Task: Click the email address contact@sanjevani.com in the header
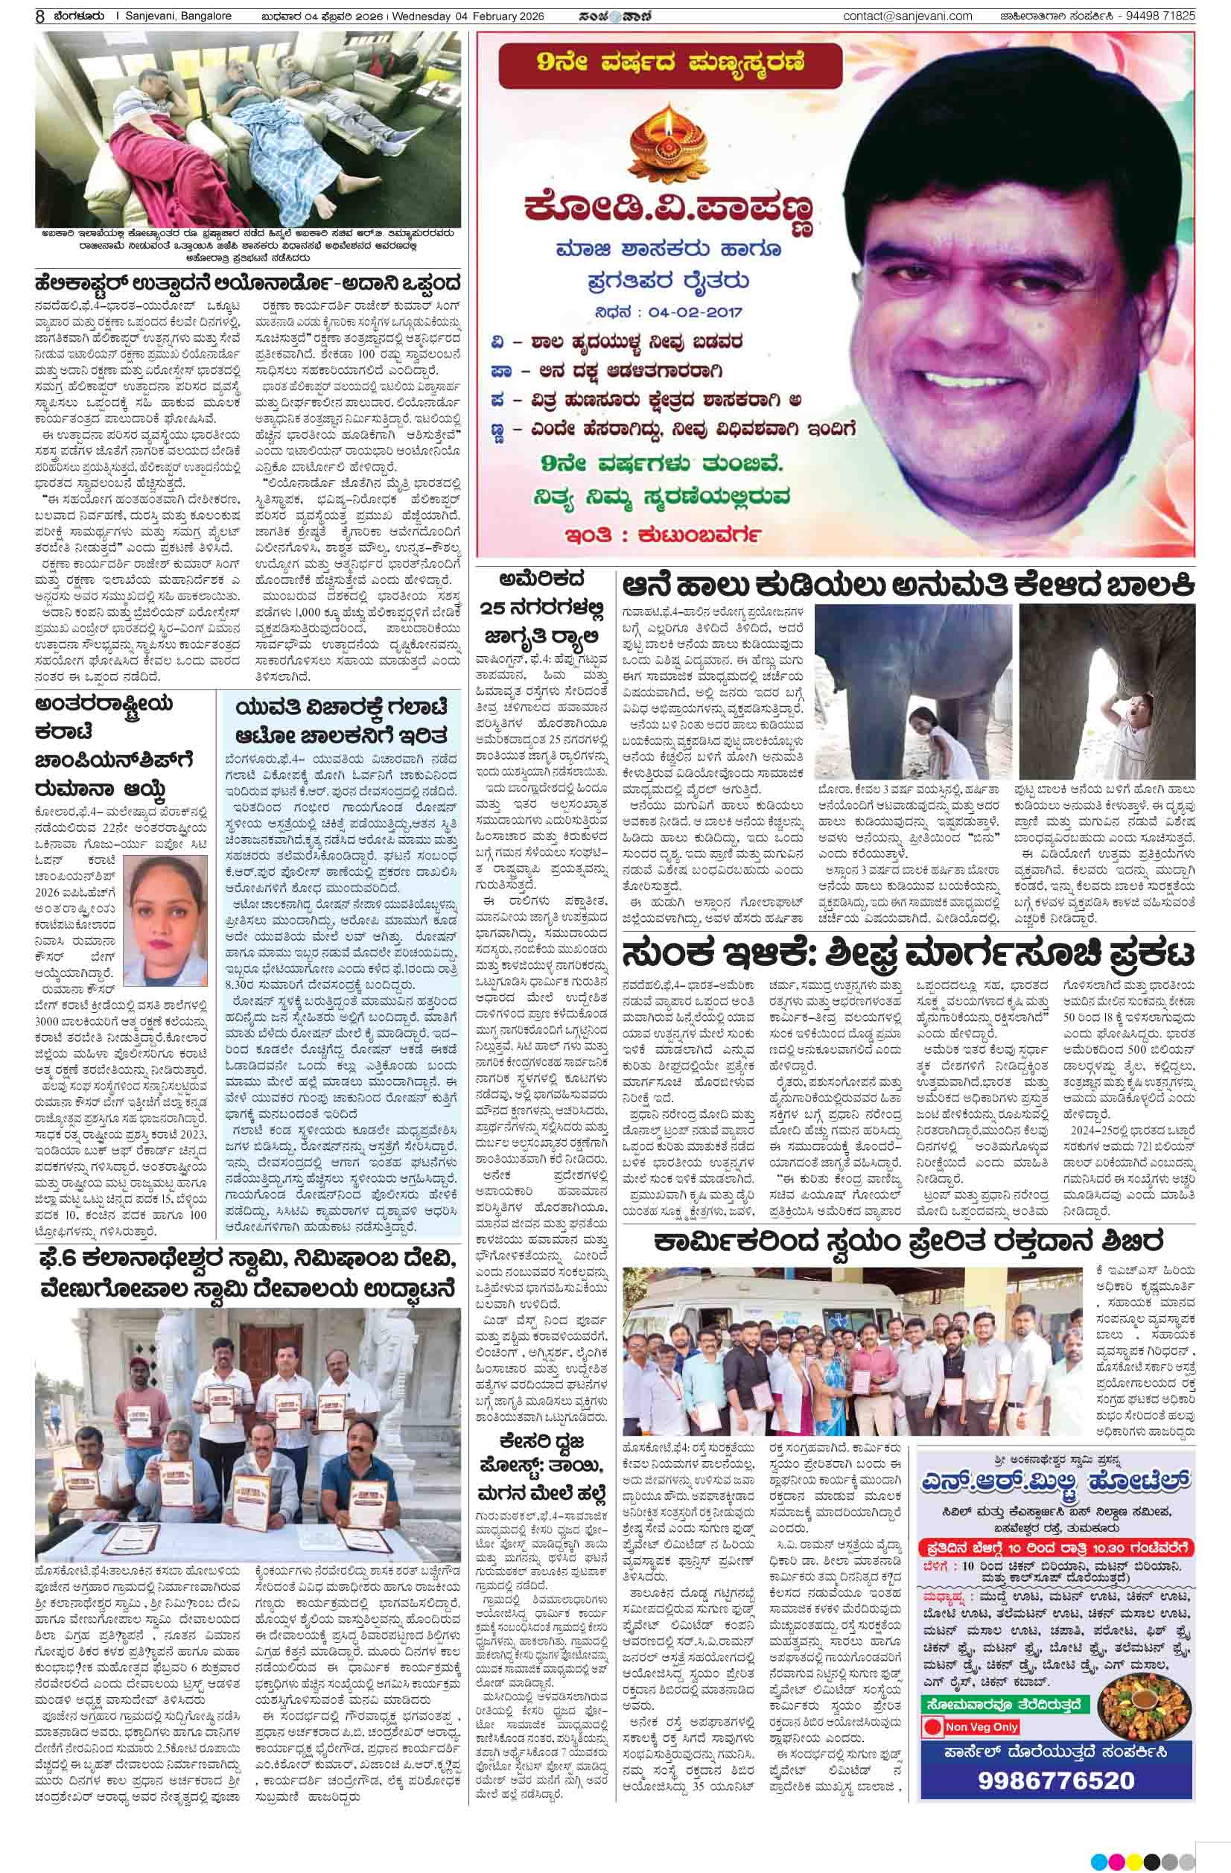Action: tap(907, 16)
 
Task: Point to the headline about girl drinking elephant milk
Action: tap(909, 585)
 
